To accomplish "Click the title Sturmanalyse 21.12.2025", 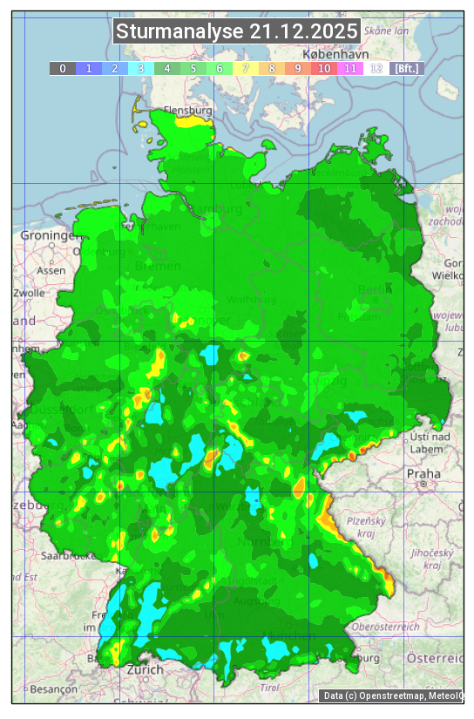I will [x=236, y=31].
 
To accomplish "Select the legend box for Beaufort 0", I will [x=62, y=68].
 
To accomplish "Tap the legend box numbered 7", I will [x=246, y=68].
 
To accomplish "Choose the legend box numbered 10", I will [x=324, y=68].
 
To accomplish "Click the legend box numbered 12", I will [x=376, y=68].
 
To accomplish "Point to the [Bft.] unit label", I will [x=406, y=68].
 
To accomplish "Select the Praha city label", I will [x=423, y=473].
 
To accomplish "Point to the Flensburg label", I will [x=188, y=112].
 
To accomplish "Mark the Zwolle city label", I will [x=29, y=293].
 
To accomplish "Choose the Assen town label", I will [x=51, y=270].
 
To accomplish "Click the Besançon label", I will [x=53, y=688].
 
